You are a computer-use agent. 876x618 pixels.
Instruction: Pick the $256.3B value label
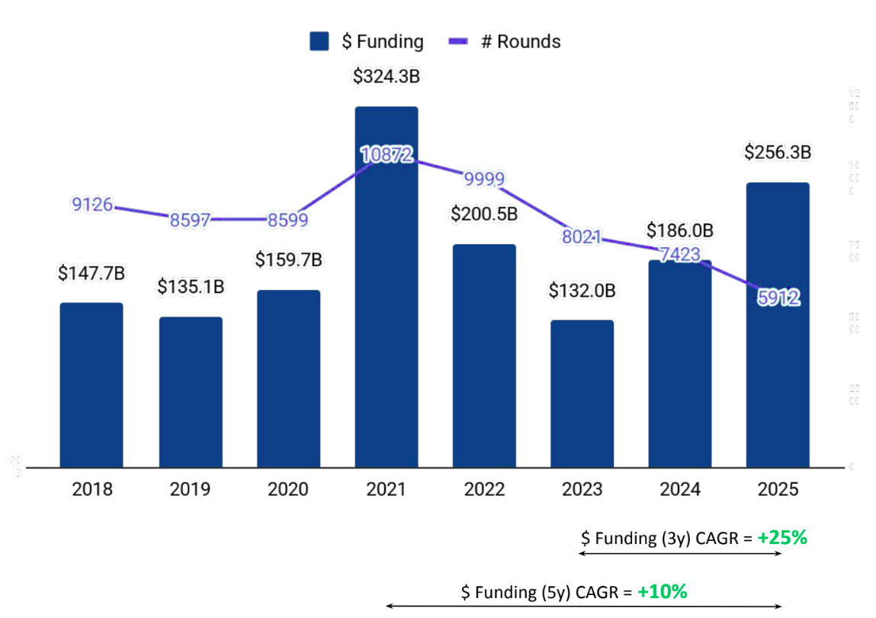coord(777,153)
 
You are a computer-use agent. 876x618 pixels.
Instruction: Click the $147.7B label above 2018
coord(91,273)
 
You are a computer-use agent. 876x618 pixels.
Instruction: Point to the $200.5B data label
coord(484,214)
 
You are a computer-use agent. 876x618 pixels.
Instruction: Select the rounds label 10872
coord(387,155)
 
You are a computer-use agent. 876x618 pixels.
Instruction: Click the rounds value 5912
coord(778,298)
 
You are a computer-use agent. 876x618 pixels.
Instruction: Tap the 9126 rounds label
coord(92,204)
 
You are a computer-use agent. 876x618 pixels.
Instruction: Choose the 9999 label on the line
coord(483,179)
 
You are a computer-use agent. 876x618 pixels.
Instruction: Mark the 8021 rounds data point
coord(581,237)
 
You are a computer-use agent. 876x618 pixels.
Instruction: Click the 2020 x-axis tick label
coord(288,489)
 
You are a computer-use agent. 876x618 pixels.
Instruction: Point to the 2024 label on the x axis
coord(680,489)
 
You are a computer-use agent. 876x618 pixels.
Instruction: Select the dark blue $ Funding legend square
coord(319,41)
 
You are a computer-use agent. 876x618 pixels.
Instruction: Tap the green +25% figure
coord(782,538)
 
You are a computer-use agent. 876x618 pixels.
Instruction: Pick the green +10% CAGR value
coord(663,591)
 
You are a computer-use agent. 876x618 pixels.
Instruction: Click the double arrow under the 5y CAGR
coord(584,607)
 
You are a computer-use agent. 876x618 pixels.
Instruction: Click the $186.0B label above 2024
coord(679,230)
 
